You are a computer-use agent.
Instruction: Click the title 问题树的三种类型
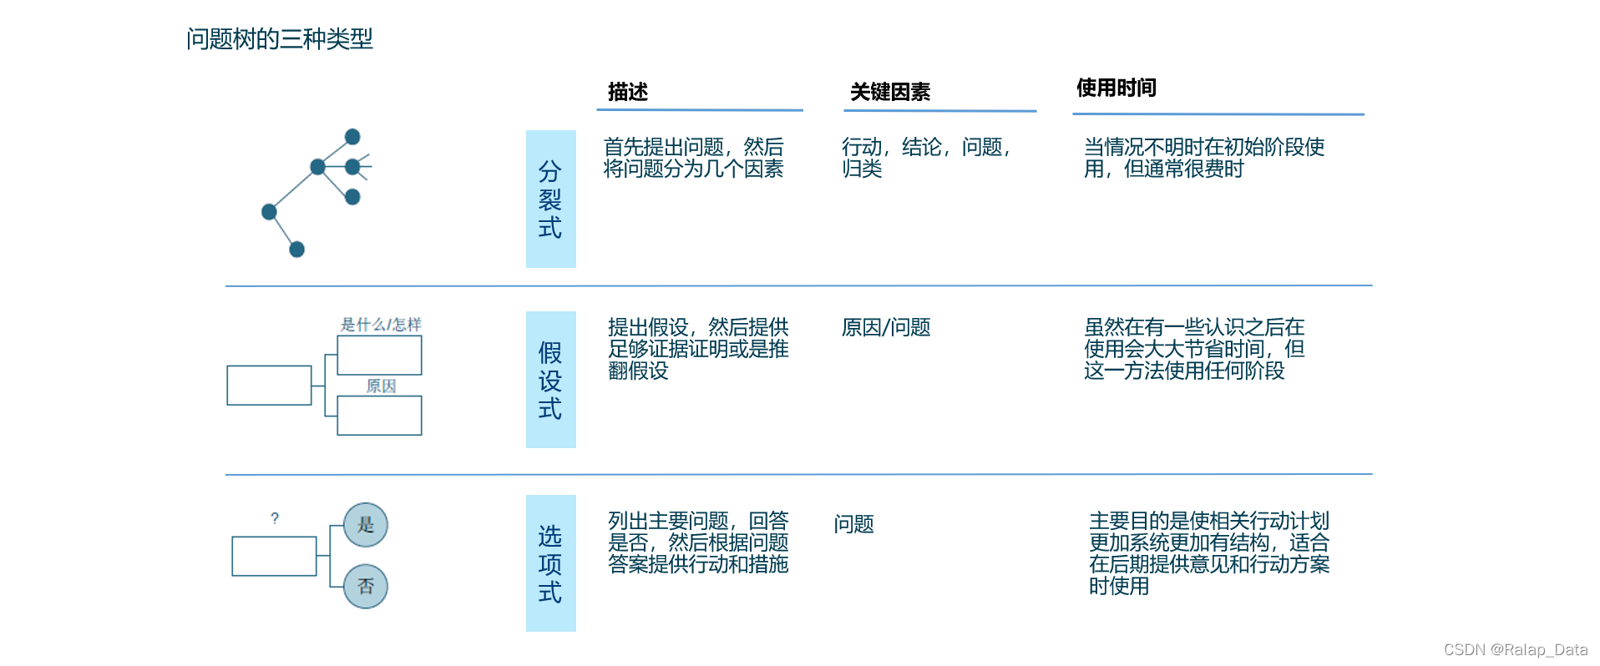279,38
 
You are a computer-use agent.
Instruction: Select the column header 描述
628,92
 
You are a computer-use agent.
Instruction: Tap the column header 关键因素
890,92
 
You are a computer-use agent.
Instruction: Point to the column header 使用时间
1116,88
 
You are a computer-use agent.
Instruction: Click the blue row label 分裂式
550,199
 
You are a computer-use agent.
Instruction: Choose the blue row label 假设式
550,380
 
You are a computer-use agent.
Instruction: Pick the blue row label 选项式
550,563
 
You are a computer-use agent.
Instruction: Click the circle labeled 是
366,525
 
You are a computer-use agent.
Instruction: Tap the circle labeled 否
366,586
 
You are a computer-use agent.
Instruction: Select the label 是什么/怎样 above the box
381,324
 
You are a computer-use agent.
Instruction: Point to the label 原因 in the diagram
381,386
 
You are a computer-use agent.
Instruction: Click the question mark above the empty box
275,518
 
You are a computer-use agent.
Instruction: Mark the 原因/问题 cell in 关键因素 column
886,327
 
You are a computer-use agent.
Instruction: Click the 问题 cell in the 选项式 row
853,524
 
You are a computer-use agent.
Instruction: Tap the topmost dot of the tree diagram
352,136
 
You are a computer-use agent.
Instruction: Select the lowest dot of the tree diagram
296,249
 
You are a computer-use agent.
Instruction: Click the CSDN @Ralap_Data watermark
1515,649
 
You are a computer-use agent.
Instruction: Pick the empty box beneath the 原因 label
379,416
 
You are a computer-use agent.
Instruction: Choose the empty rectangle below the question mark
274,556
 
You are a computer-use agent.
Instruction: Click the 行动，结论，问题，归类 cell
925,158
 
